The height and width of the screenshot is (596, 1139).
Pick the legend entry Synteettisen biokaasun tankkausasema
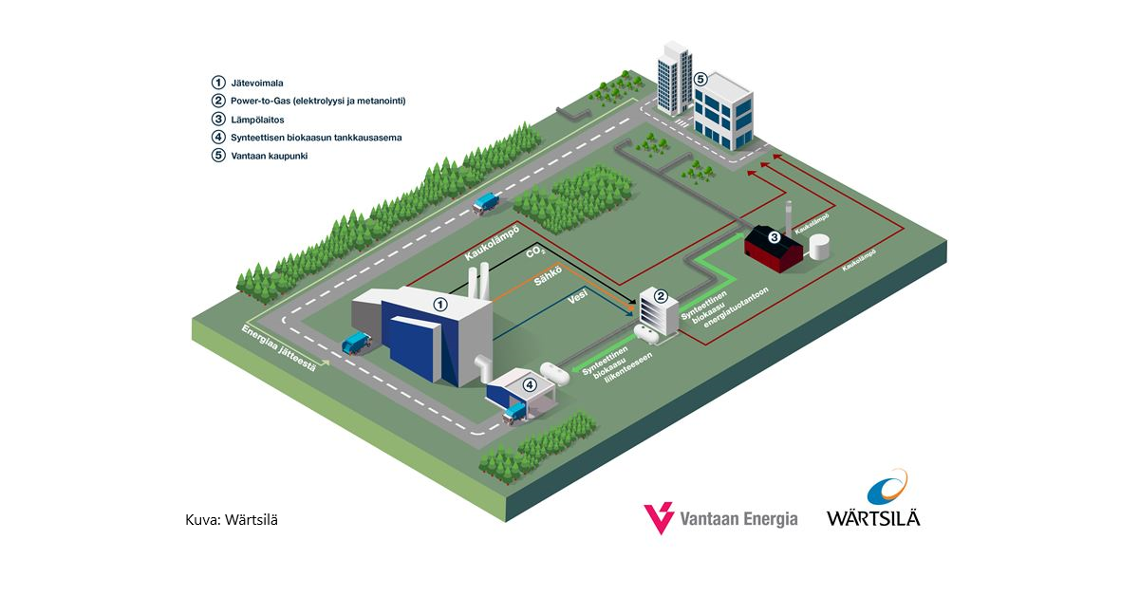(316, 138)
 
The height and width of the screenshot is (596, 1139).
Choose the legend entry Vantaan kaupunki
(269, 156)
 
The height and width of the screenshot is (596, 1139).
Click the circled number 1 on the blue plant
(439, 305)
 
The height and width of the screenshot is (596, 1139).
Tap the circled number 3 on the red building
(774, 237)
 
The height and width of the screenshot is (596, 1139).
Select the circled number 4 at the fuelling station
(530, 384)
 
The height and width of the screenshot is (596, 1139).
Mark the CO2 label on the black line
(535, 254)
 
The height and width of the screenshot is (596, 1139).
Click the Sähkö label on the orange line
(546, 275)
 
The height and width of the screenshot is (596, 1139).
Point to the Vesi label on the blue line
(575, 298)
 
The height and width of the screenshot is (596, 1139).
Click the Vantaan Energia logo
(721, 516)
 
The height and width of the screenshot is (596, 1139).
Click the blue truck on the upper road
(488, 201)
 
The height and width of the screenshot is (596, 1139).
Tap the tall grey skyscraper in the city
(672, 78)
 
